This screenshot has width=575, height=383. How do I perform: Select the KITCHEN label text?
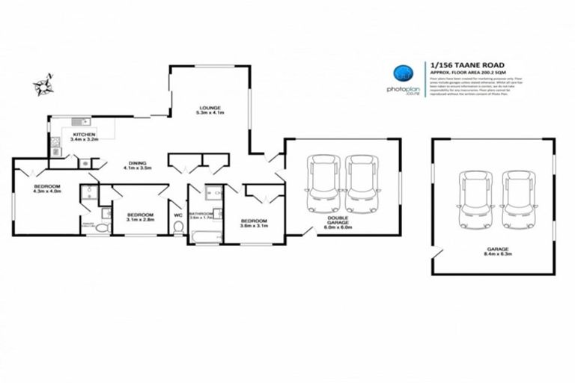click(85, 134)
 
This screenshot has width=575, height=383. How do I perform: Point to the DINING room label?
click(137, 163)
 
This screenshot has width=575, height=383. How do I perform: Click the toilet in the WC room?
click(177, 229)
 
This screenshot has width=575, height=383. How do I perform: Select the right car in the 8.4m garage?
click(518, 199)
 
